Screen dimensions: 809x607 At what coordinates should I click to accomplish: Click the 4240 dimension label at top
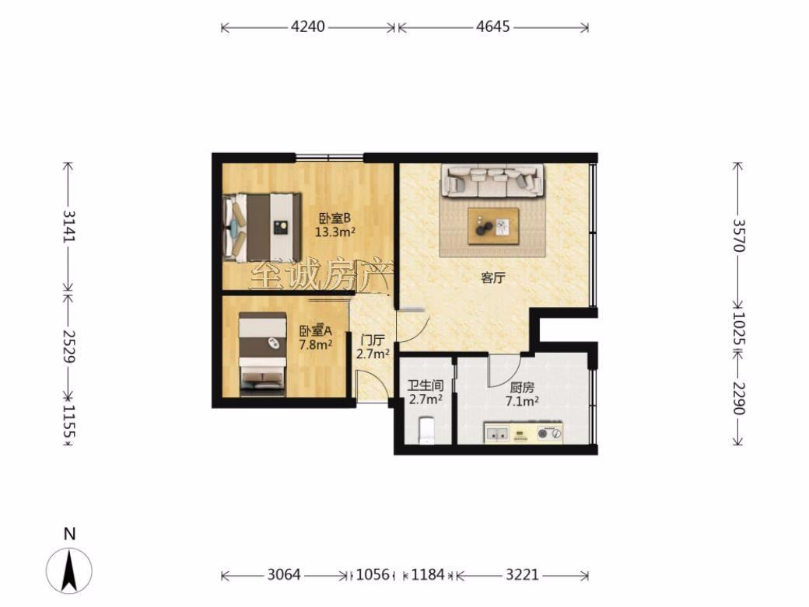tap(308, 26)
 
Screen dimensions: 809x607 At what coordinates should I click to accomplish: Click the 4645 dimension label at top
tap(492, 26)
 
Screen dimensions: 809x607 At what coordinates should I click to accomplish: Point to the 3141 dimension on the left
tap(68, 225)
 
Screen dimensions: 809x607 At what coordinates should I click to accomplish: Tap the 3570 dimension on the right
tap(739, 235)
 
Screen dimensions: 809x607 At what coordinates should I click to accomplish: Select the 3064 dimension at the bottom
tap(284, 574)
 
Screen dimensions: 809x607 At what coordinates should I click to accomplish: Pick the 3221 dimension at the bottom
tap(522, 574)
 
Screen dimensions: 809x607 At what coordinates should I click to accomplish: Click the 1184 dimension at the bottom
tap(428, 574)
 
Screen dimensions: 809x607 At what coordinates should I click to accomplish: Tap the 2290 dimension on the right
tap(739, 398)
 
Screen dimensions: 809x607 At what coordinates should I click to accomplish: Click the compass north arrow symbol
tap(69, 570)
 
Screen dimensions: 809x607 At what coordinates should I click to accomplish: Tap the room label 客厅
tap(492, 278)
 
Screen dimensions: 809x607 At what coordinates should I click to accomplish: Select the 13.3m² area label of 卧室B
tap(334, 232)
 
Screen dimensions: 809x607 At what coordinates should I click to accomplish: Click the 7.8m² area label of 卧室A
tap(316, 344)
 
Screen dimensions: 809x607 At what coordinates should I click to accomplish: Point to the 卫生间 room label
tap(426, 385)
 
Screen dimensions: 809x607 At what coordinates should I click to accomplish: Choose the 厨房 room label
tap(522, 388)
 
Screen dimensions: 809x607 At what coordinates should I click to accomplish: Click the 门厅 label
tap(373, 340)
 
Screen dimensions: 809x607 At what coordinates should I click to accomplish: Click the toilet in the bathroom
tap(427, 431)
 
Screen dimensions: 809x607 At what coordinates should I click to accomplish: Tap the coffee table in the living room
tap(493, 226)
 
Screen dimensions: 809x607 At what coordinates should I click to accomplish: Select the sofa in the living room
tap(492, 180)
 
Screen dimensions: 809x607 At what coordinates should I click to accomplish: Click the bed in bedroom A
tap(263, 354)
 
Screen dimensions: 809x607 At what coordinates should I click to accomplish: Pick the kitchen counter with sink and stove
tap(524, 433)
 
